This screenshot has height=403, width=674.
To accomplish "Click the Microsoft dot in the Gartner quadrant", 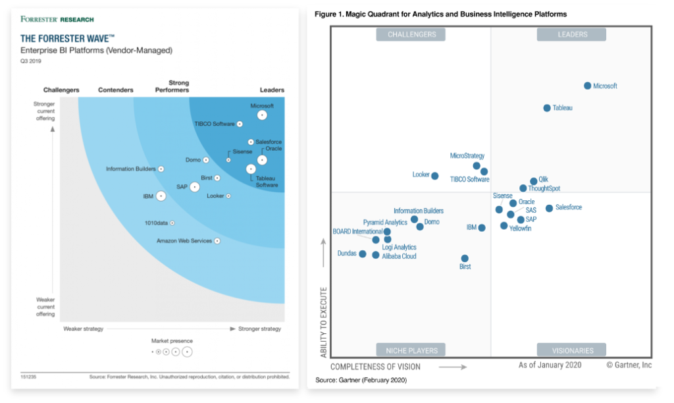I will [588, 86].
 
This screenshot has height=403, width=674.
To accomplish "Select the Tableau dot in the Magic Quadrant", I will [547, 108].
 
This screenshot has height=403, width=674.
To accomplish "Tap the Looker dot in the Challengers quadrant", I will [434, 176].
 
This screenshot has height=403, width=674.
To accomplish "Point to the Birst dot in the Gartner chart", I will [465, 259].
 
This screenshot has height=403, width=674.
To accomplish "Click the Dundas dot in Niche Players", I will [362, 254].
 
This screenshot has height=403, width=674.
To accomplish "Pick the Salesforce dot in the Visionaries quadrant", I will [549, 208].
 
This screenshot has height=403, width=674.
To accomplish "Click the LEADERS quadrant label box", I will [572, 34].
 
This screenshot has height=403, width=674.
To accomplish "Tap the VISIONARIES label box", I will [573, 350].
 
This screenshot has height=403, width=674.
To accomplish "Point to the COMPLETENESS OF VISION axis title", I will [375, 367].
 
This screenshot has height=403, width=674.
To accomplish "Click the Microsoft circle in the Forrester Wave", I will [262, 115].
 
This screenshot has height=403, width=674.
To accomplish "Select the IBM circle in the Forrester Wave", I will [161, 196].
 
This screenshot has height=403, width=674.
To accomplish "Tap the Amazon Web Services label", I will [184, 241].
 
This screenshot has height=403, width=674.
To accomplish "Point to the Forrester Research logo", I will [57, 20].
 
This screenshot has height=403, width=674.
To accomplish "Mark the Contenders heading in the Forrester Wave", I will [115, 90].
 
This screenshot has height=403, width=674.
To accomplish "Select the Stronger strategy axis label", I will [259, 329].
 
